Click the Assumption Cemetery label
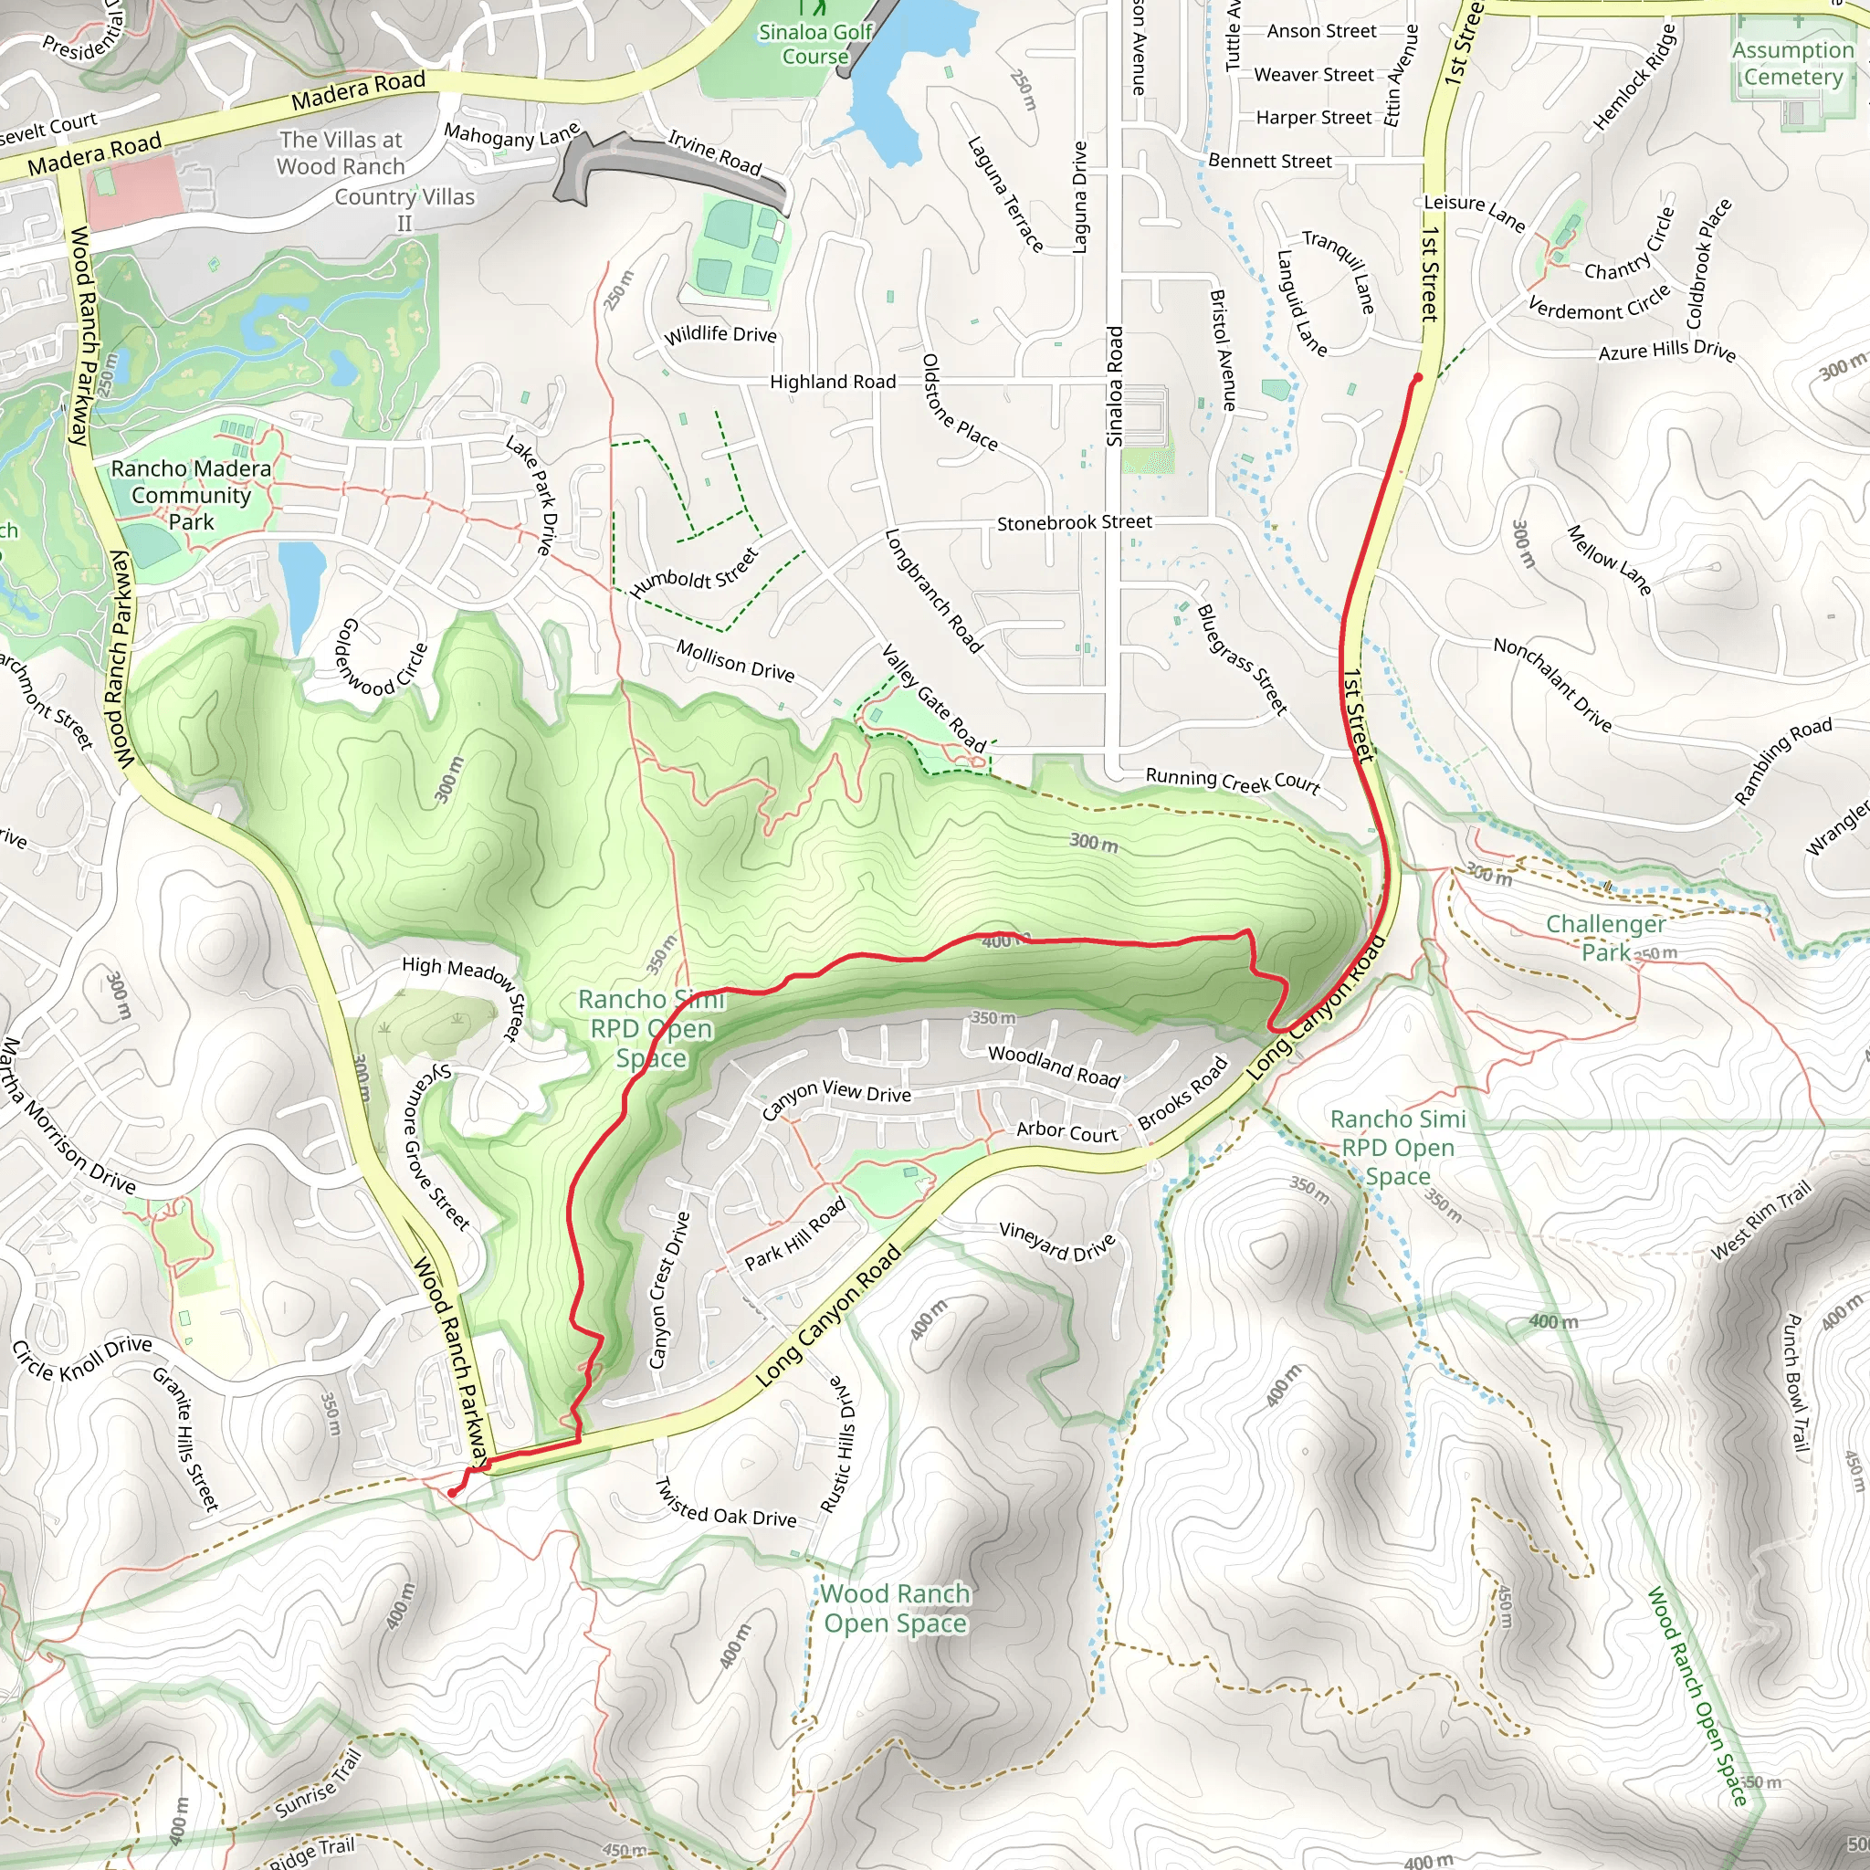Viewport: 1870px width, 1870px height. click(1791, 63)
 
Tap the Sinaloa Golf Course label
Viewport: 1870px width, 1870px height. click(815, 44)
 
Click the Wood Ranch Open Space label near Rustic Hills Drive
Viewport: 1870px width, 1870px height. click(896, 1608)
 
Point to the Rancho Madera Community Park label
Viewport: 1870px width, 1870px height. click(191, 495)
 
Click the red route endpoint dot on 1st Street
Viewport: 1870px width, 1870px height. click(1418, 377)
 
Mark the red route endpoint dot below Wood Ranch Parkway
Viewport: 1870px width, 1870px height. click(452, 1493)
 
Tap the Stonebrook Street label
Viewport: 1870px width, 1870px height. click(1075, 522)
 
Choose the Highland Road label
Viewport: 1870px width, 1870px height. click(833, 382)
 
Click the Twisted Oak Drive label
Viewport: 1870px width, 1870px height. click(726, 1503)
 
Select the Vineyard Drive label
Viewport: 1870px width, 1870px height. click(1057, 1242)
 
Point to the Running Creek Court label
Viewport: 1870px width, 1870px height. click(1232, 780)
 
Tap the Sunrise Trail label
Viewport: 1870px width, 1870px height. click(319, 1783)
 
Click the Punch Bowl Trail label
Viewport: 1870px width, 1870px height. click(1795, 1384)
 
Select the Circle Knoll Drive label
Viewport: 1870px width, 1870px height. click(82, 1358)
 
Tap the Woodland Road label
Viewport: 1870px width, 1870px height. click(1054, 1065)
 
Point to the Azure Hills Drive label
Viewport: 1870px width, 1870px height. click(1666, 351)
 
